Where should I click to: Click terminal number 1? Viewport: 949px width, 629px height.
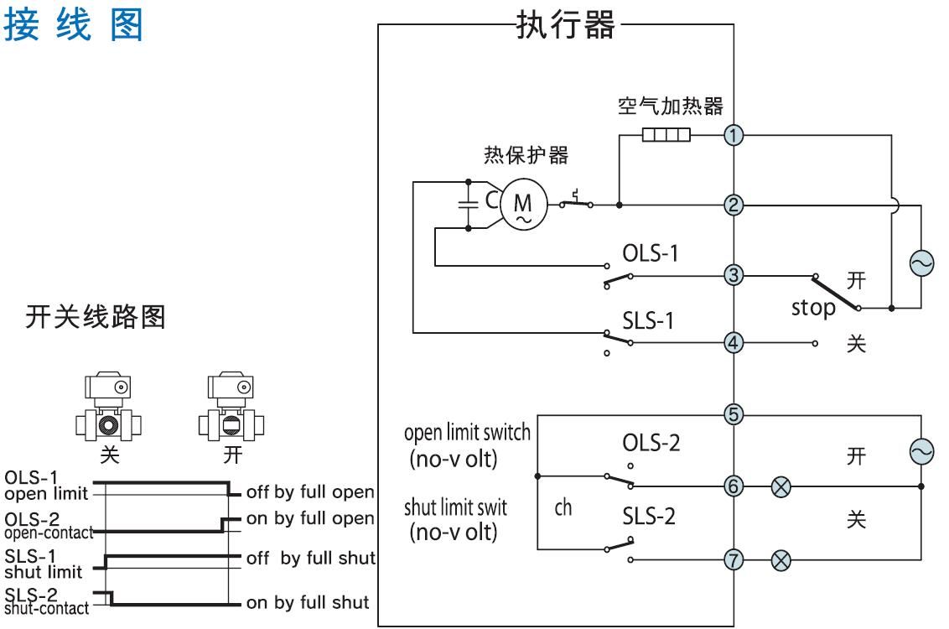pyautogui.click(x=734, y=135)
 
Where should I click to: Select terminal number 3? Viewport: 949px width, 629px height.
pyautogui.click(x=734, y=274)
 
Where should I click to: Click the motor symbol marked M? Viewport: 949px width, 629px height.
pyautogui.click(x=522, y=203)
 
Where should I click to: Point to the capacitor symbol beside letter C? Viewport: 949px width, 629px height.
pyautogui.click(x=466, y=203)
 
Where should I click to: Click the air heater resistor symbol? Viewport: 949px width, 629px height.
pyautogui.click(x=666, y=135)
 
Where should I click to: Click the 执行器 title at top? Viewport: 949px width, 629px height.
pyautogui.click(x=564, y=25)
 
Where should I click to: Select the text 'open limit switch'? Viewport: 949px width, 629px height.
pyautogui.click(x=467, y=434)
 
